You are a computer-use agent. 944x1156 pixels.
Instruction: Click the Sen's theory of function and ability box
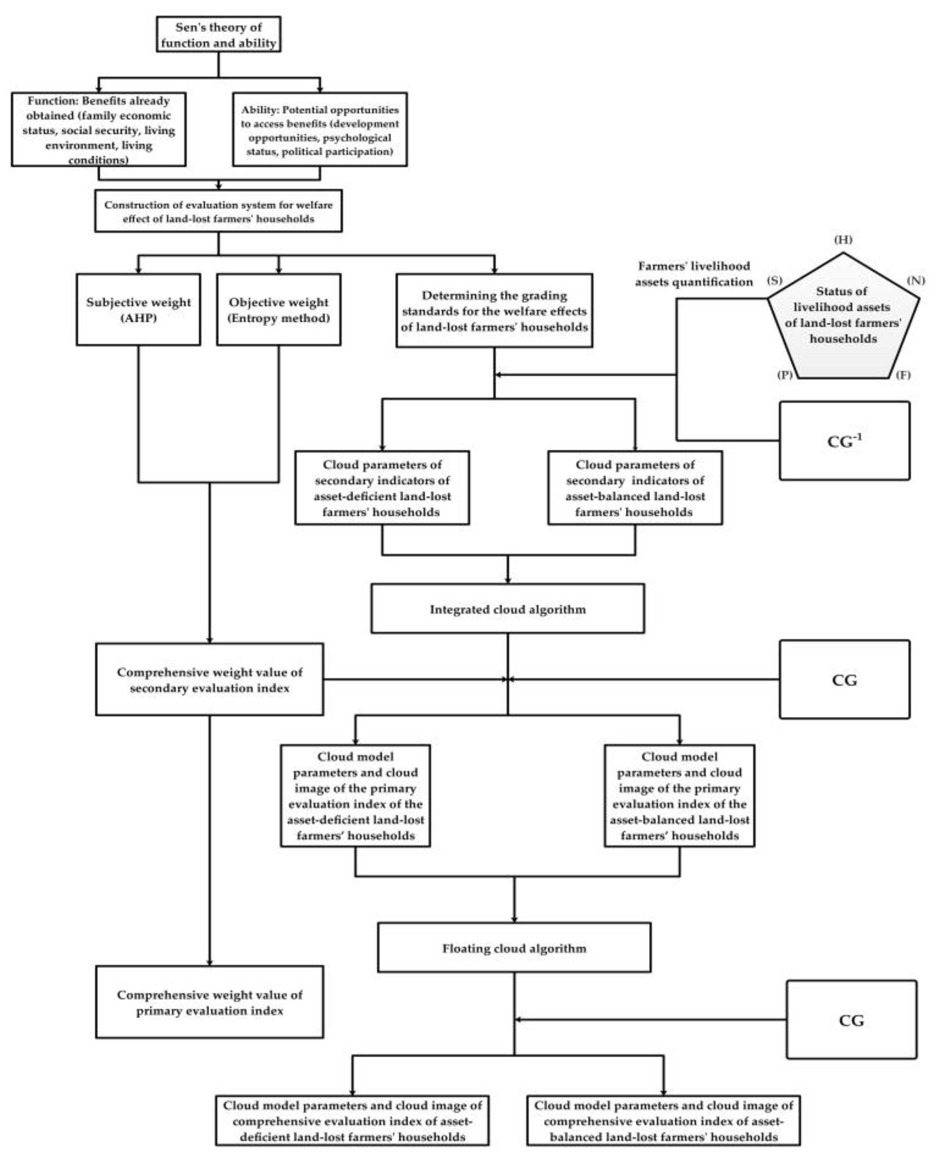click(x=219, y=34)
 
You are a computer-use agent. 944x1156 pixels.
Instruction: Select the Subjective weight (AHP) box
click(x=138, y=309)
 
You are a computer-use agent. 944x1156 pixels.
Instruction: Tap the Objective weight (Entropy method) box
click(x=278, y=309)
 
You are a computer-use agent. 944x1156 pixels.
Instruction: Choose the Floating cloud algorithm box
click(x=514, y=948)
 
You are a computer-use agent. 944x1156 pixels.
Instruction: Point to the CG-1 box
click(x=844, y=441)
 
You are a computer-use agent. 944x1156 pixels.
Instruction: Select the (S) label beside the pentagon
click(x=774, y=281)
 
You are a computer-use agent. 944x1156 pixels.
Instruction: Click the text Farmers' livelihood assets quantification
click(x=694, y=274)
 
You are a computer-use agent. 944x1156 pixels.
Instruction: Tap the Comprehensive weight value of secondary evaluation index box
click(x=209, y=680)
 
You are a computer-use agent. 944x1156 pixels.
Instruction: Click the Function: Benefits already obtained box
click(x=98, y=129)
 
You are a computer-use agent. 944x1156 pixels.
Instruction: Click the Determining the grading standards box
click(x=494, y=311)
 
